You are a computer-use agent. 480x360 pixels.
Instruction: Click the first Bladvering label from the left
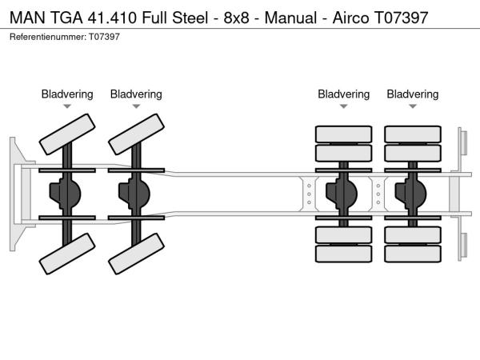pyautogui.click(x=67, y=94)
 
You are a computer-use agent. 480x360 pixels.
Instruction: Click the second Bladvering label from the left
pyautogui.click(x=136, y=94)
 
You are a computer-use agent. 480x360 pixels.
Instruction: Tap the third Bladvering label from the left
pyautogui.click(x=344, y=94)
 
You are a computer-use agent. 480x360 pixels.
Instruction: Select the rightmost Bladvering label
pyautogui.click(x=413, y=94)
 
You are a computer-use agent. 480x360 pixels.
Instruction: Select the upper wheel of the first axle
pyautogui.click(x=67, y=134)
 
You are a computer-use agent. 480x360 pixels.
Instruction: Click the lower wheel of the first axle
pyautogui.click(x=67, y=256)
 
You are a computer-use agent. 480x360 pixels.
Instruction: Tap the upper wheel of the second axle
pyautogui.click(x=136, y=134)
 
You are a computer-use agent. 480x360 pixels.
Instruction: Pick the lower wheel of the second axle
pyautogui.click(x=136, y=256)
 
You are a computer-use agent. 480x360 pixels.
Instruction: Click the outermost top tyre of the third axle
pyautogui.click(x=344, y=134)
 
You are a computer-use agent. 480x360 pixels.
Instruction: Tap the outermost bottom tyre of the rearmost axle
pyautogui.click(x=413, y=254)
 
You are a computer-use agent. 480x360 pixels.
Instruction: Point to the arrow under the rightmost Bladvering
pyautogui.click(x=413, y=106)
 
